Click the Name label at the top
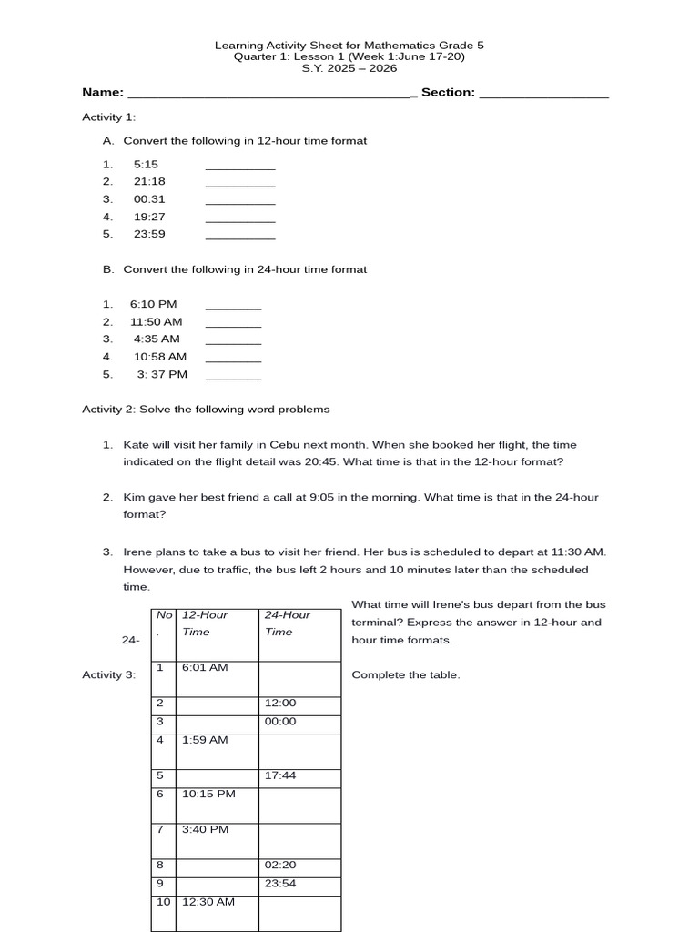point(102,92)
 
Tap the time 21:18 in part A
point(149,181)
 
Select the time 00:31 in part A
point(149,198)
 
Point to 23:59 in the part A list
point(149,234)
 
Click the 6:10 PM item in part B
point(153,304)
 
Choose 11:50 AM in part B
point(156,321)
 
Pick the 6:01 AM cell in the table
point(205,667)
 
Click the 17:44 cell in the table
point(280,775)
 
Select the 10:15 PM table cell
point(208,794)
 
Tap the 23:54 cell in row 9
point(280,883)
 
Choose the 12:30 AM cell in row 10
point(208,901)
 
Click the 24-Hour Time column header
point(288,623)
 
